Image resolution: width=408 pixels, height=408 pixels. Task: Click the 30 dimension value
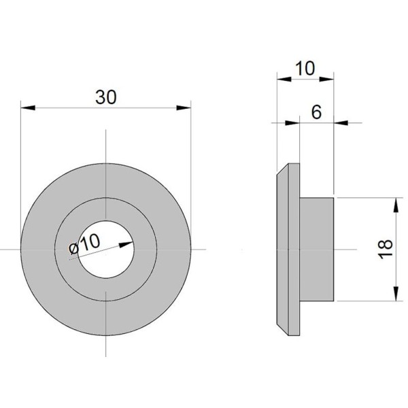pos(106,97)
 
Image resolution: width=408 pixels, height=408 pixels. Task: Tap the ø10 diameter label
pos(84,244)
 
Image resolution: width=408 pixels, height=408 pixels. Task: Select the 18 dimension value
pos(385,249)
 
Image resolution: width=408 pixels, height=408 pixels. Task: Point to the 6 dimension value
pos(316,112)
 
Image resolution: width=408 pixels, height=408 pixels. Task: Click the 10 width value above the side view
pos(305,69)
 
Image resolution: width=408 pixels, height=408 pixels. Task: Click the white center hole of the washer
pos(106,250)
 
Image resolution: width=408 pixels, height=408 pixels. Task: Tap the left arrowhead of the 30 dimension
pos(28,107)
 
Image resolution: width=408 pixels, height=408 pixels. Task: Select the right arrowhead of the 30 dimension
pos(184,107)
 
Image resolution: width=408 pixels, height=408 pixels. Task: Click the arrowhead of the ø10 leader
pos(126,244)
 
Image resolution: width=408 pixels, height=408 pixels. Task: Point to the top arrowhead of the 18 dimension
pos(396,205)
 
